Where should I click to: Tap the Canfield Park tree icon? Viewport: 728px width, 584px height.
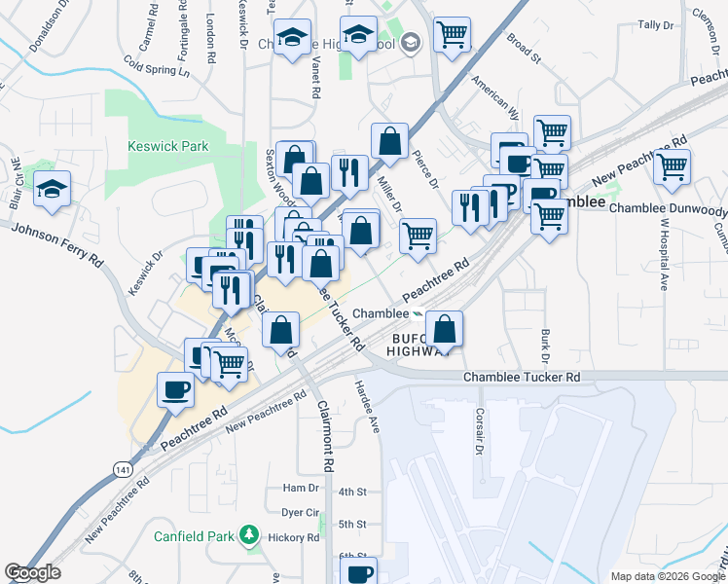click(x=250, y=536)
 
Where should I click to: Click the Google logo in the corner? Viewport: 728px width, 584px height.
click(x=32, y=572)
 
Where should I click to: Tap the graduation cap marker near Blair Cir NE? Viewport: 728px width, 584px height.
click(x=53, y=188)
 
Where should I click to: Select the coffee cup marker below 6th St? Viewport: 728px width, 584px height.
click(x=359, y=571)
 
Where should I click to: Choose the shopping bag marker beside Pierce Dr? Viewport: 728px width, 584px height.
click(x=389, y=140)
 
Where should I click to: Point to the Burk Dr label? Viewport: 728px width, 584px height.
click(x=545, y=347)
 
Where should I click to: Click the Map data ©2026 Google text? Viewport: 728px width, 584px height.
click(x=667, y=576)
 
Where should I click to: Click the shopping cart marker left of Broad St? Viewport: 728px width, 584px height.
click(x=452, y=35)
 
